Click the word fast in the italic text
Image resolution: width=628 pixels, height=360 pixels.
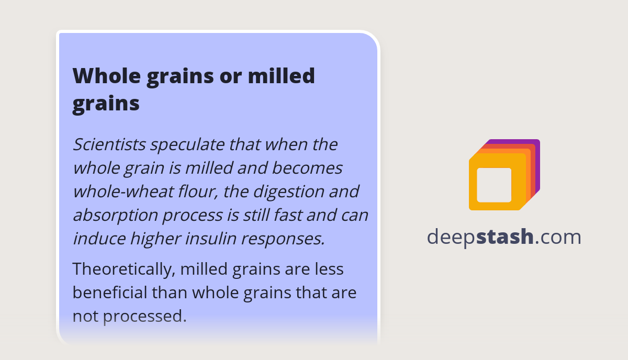[295, 215]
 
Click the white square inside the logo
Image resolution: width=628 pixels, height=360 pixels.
[494, 185]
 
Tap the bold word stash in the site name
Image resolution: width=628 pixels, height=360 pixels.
[505, 237]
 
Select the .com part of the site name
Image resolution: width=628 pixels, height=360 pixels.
[558, 237]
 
